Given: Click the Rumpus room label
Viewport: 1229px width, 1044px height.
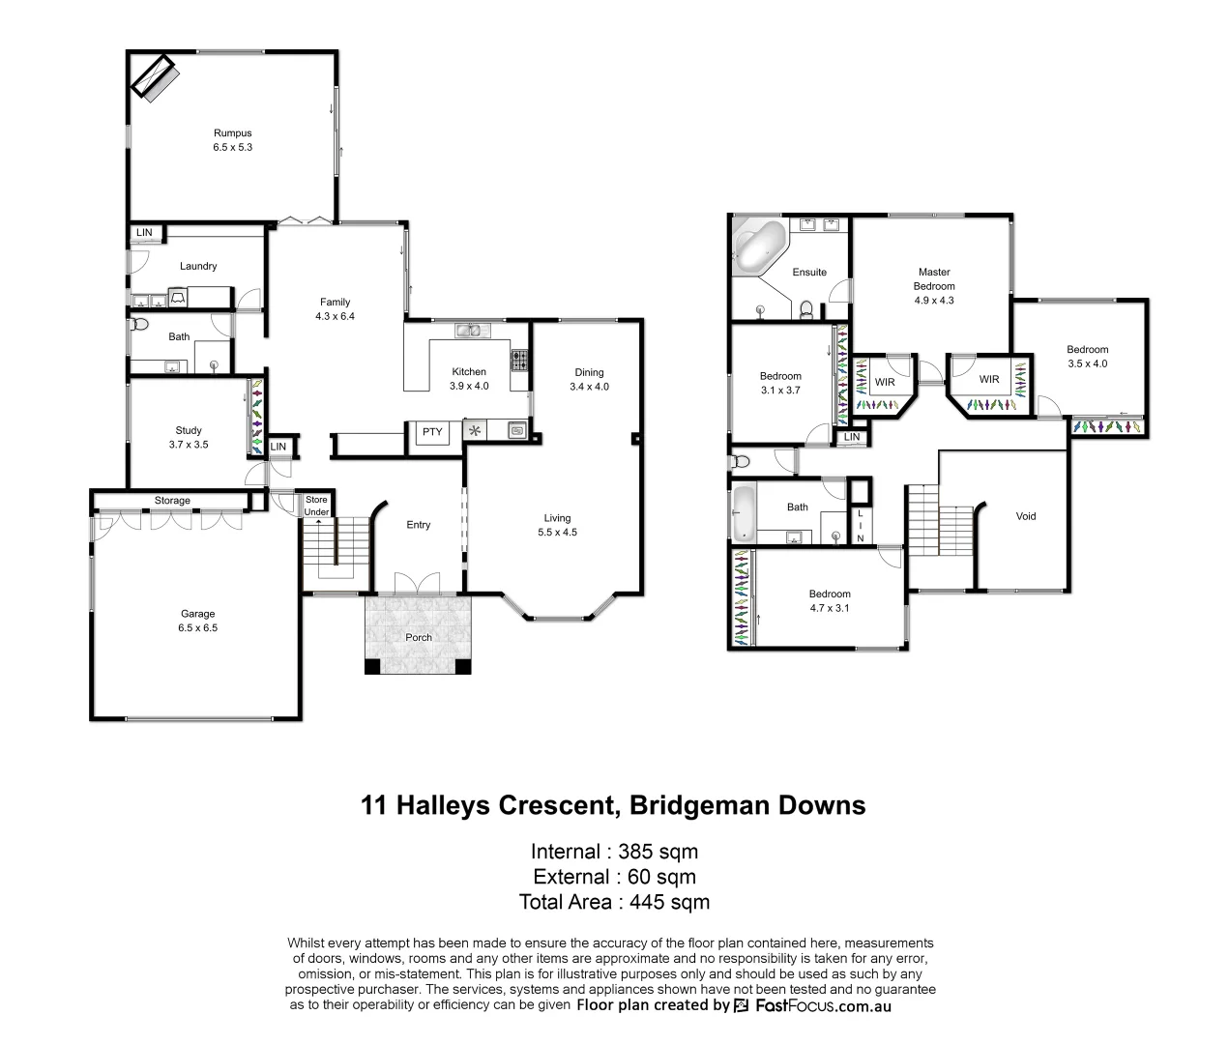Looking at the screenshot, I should click(x=232, y=133).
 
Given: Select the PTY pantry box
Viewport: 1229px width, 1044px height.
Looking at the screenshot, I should click(x=431, y=432).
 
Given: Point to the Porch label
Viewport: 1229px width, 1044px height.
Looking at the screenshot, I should click(x=419, y=637).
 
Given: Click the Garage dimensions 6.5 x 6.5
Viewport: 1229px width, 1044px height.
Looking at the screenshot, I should click(x=197, y=627).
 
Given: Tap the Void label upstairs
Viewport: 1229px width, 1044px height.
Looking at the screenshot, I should click(x=1025, y=516).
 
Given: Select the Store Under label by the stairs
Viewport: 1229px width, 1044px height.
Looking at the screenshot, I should click(x=316, y=506).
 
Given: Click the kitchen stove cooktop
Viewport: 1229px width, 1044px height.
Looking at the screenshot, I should click(x=519, y=361).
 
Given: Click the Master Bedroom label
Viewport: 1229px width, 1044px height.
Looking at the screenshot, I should click(x=934, y=279).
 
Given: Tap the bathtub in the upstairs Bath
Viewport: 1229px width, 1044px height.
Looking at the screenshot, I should click(x=743, y=512).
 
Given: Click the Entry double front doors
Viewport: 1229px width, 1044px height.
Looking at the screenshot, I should click(x=418, y=583).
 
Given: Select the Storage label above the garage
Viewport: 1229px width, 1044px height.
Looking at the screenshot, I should click(x=172, y=501).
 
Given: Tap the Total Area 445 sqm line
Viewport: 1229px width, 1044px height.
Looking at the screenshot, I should click(x=614, y=902).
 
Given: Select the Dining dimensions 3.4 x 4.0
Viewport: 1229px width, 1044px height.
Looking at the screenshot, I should click(x=589, y=387).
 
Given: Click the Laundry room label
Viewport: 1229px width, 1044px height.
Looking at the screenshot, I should click(x=198, y=266).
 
